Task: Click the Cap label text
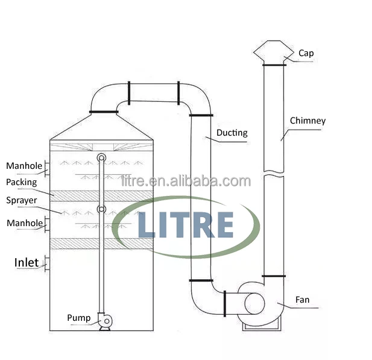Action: pyautogui.click(x=306, y=53)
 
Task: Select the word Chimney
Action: pyautogui.click(x=307, y=121)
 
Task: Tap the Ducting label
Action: pyautogui.click(x=232, y=133)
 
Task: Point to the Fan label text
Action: pyautogui.click(x=303, y=299)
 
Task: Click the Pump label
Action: pyautogui.click(x=78, y=318)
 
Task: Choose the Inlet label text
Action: pyautogui.click(x=27, y=262)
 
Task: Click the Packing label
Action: pyautogui.click(x=22, y=182)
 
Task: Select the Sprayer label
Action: pyautogui.click(x=22, y=200)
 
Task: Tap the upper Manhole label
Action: pyautogui.click(x=24, y=166)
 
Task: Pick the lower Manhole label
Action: pyautogui.click(x=25, y=223)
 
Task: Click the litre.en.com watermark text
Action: pyautogui.click(x=186, y=181)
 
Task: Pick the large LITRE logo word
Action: pyautogui.click(x=186, y=224)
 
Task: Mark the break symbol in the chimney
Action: pyautogui.click(x=274, y=175)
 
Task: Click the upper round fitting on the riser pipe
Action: pyautogui.click(x=101, y=158)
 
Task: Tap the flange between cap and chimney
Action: pyautogui.click(x=274, y=65)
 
